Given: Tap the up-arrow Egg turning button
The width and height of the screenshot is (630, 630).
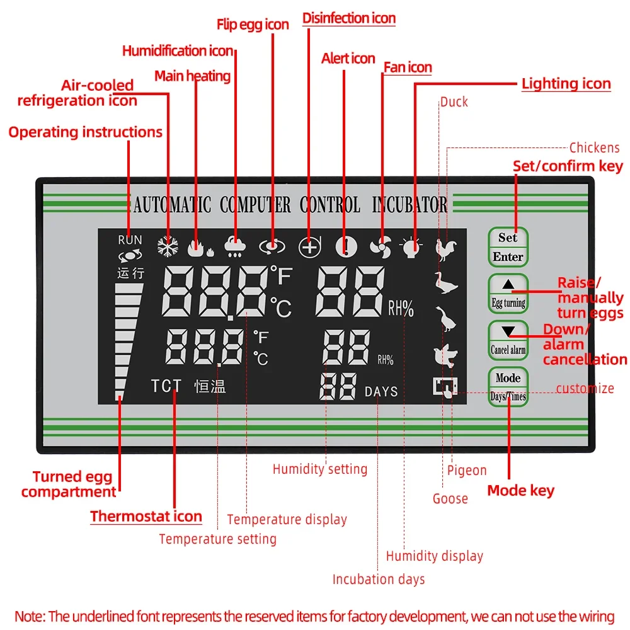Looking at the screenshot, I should tap(508, 293).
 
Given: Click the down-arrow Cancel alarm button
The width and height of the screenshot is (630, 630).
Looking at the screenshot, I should tap(508, 340).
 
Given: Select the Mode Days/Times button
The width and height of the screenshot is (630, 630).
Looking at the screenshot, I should tap(508, 386).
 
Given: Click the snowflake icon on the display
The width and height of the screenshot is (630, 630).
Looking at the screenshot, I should tap(168, 247).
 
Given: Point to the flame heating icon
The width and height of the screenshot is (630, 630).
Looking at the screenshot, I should tap(199, 248).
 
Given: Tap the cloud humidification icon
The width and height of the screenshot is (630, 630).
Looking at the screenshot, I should tap(236, 247).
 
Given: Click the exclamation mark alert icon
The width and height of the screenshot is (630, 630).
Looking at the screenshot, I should tap(345, 247).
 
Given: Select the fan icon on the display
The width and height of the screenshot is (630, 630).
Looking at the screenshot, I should tap(381, 248).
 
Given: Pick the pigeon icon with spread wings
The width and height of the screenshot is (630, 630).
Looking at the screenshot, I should tap(445, 356).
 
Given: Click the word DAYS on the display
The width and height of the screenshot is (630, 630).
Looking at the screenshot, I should tap(381, 392).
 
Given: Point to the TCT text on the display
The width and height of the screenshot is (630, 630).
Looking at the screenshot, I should tap(166, 386).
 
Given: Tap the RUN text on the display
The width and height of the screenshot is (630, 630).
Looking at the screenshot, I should tap(130, 240).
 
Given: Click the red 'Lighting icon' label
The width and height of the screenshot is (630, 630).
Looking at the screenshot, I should tap(566, 84).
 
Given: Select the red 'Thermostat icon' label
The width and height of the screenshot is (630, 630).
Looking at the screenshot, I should tap(146, 517).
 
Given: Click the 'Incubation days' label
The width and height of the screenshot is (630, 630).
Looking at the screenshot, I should tap(379, 579).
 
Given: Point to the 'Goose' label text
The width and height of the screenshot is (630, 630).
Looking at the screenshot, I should tap(450, 499).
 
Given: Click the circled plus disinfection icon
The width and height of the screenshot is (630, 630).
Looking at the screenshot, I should tap(309, 248).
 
